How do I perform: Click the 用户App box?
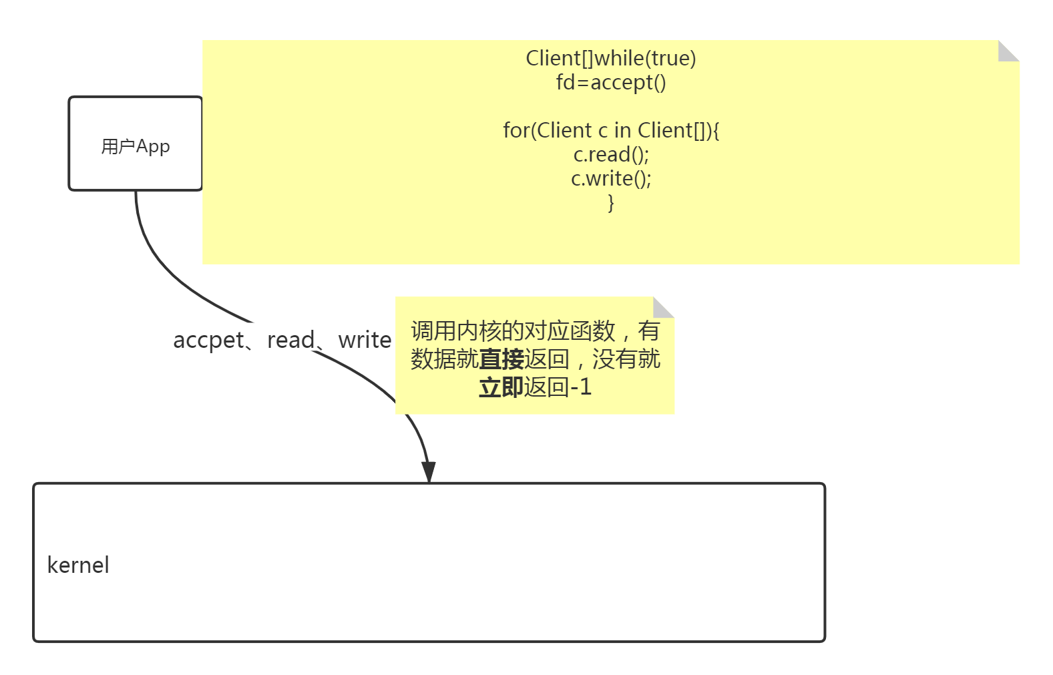click(x=136, y=144)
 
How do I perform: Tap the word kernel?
click(x=78, y=566)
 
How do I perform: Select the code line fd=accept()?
click(x=611, y=83)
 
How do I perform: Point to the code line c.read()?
click(x=611, y=155)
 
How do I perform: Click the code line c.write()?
click(x=611, y=179)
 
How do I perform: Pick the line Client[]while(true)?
click(x=611, y=59)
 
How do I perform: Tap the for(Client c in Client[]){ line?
click(x=611, y=131)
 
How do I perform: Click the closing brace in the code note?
click(x=611, y=202)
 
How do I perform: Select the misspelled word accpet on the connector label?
click(x=208, y=340)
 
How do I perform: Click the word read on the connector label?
click(x=290, y=340)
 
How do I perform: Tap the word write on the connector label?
click(x=365, y=340)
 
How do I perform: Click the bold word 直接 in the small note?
click(x=501, y=359)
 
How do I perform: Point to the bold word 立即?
click(x=501, y=387)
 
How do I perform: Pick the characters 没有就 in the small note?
click(x=626, y=359)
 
